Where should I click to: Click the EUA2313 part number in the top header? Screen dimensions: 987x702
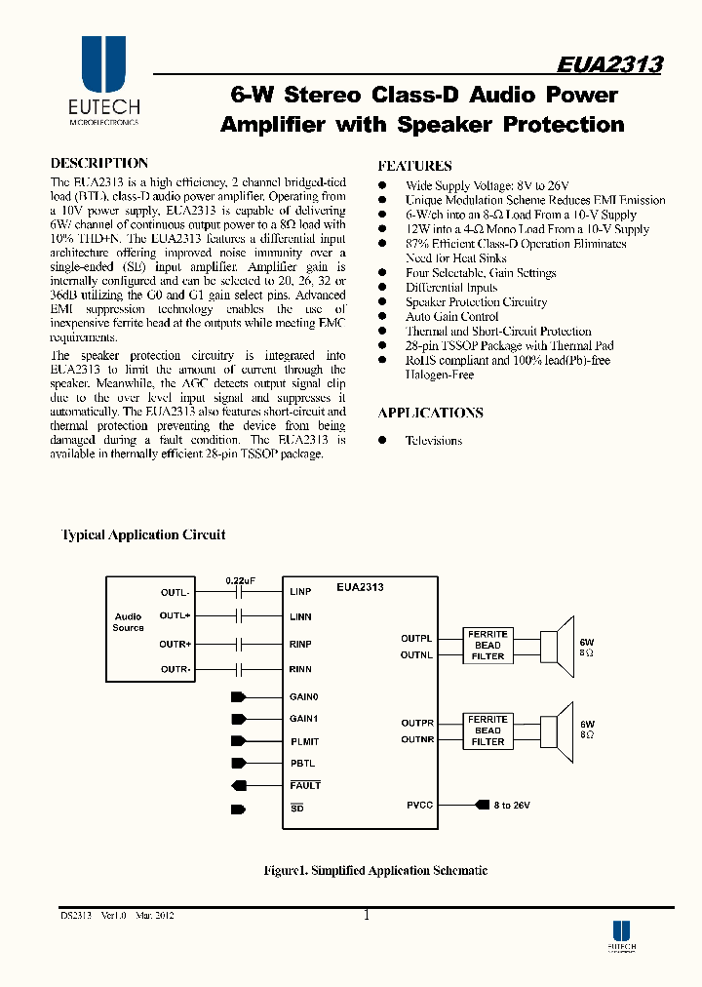(x=609, y=64)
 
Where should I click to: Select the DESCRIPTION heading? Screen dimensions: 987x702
(x=99, y=164)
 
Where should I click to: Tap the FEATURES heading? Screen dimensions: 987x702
(x=414, y=166)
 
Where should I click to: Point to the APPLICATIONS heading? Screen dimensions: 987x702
(x=430, y=413)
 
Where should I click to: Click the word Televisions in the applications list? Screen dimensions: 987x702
(x=434, y=441)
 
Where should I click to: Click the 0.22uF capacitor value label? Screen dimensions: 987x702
(x=240, y=580)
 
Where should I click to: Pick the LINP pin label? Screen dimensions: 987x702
(x=300, y=592)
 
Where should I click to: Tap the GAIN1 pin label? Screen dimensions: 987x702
(x=304, y=719)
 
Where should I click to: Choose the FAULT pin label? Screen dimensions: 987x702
(x=305, y=785)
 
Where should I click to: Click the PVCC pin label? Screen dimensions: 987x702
(x=419, y=806)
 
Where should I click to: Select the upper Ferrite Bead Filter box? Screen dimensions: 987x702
(x=487, y=646)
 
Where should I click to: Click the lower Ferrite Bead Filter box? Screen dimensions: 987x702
(x=487, y=730)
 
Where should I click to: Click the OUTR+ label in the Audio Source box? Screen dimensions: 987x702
(x=175, y=645)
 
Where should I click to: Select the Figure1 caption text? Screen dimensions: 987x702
(x=376, y=870)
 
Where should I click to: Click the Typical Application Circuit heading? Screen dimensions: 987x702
(x=143, y=534)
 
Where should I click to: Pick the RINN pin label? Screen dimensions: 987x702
(x=300, y=669)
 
